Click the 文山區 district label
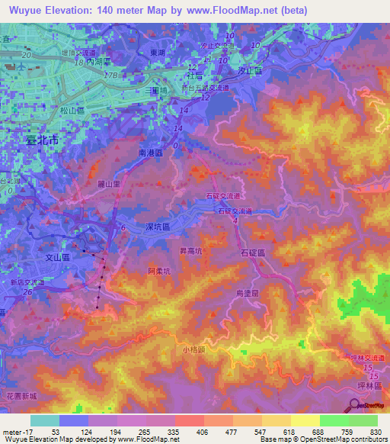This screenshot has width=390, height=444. click(56, 259)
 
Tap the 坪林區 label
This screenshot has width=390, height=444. click(373, 386)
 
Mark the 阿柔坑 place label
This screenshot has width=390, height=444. click(161, 271)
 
